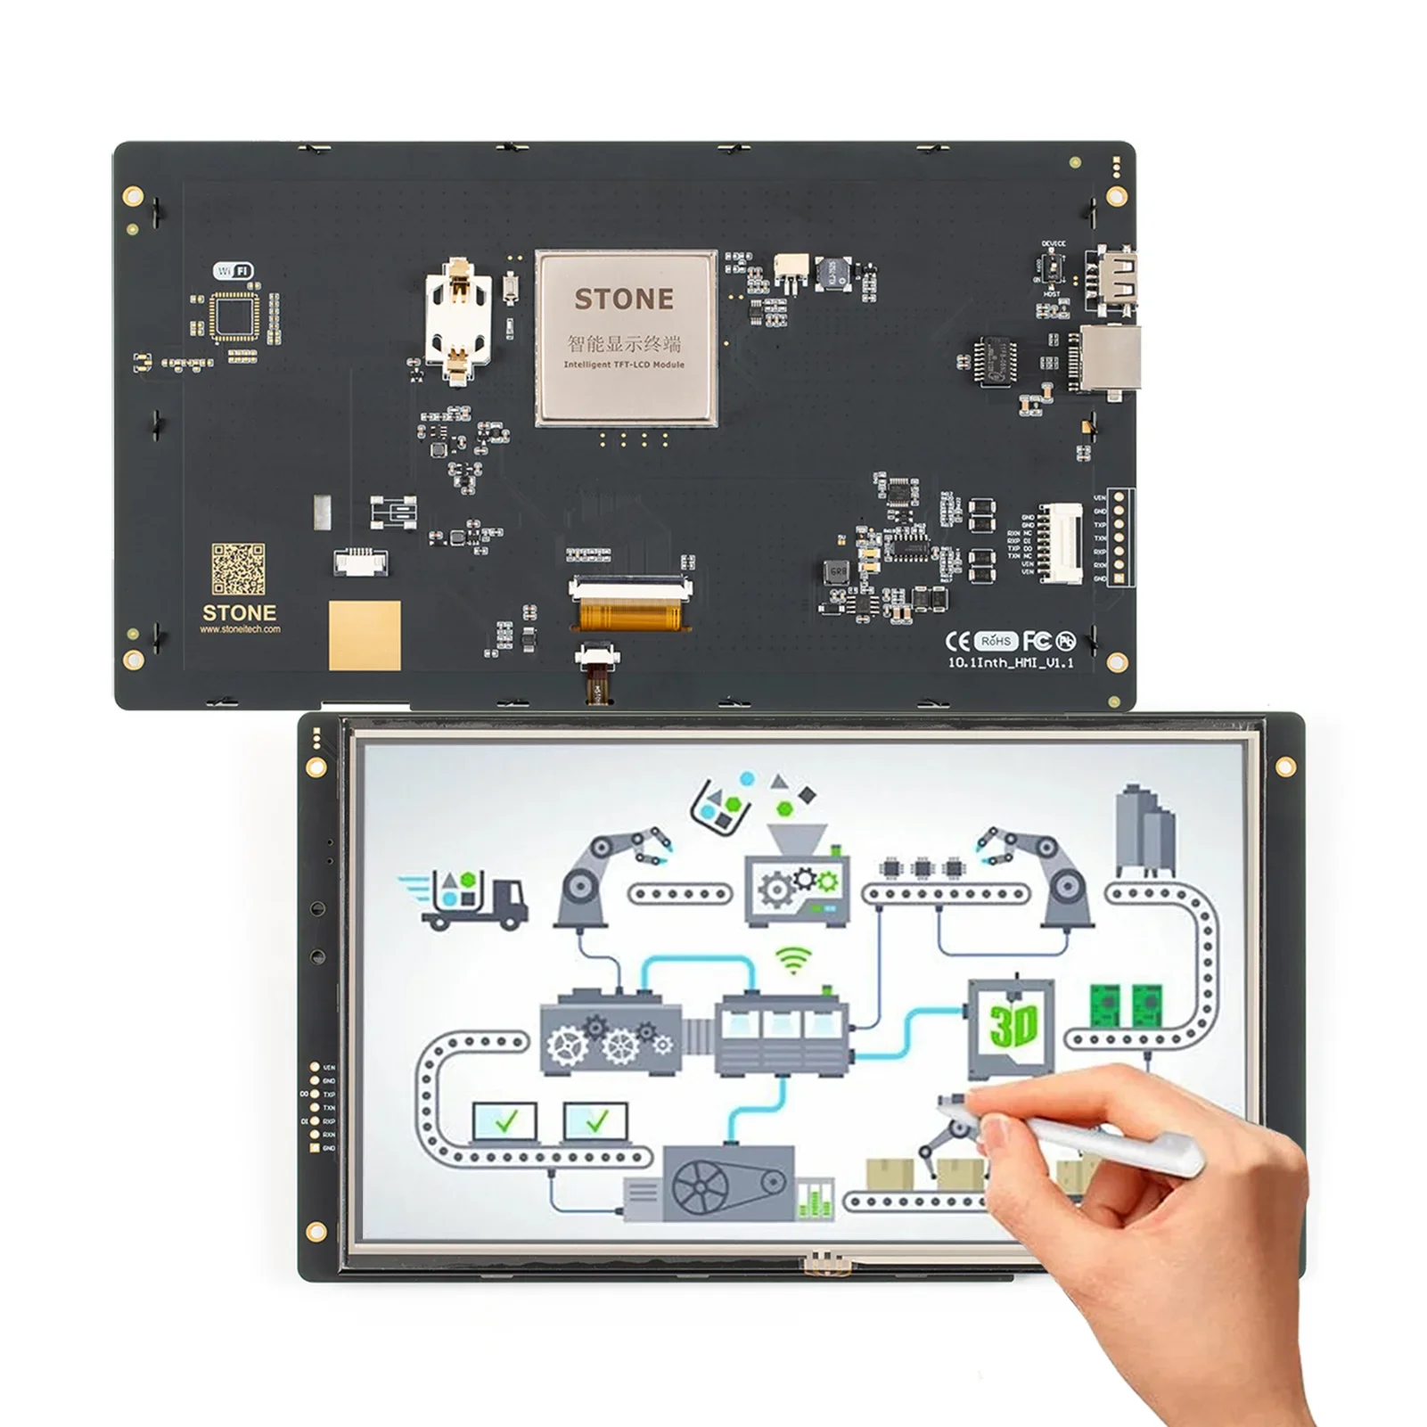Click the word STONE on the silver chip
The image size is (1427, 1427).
click(624, 299)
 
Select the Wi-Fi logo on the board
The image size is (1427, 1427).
click(234, 271)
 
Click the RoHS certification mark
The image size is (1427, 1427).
click(996, 641)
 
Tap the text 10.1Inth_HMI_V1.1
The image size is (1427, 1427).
click(1010, 663)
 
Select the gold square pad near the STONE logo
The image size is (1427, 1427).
click(365, 635)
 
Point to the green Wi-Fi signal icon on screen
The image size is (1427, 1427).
click(793, 960)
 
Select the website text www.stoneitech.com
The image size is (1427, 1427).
click(240, 629)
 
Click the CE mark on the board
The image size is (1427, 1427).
click(957, 642)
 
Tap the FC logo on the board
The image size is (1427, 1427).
click(1037, 641)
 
